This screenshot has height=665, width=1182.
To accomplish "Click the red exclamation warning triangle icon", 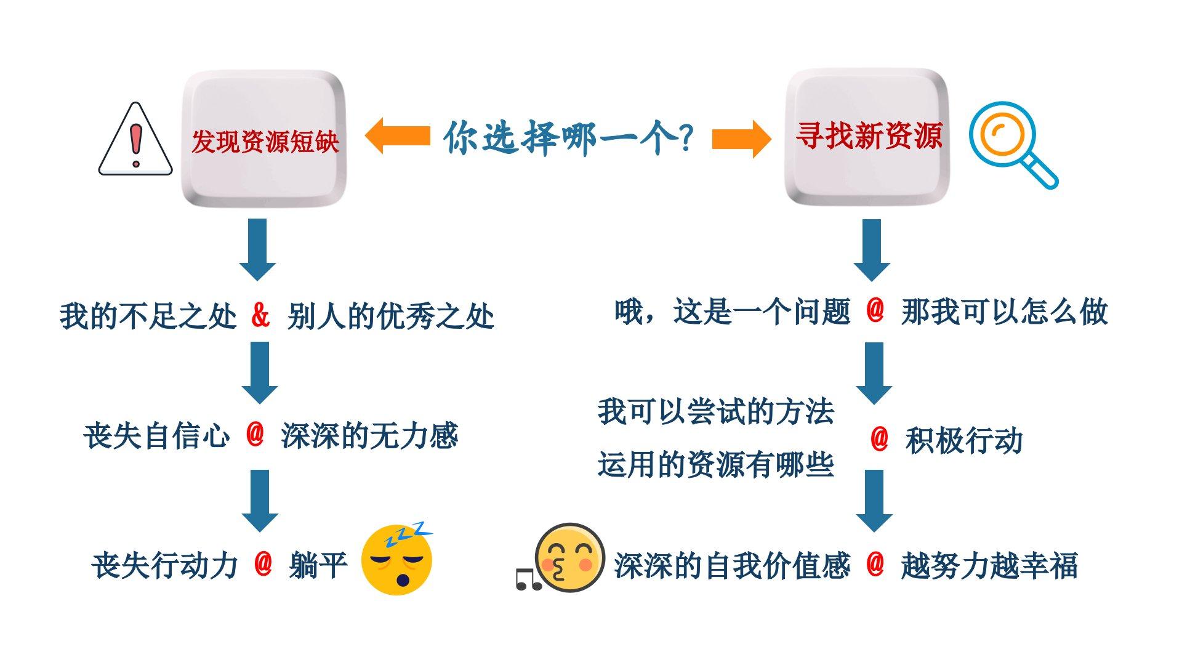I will click(x=135, y=140).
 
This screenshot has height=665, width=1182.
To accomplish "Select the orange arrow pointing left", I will click(x=397, y=135).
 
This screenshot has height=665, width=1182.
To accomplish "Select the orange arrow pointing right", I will click(x=741, y=138).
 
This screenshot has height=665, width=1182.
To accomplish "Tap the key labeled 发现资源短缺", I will click(x=264, y=139).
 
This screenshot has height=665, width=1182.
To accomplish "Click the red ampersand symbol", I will click(x=260, y=315).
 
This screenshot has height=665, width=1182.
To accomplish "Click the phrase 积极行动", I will click(x=963, y=441).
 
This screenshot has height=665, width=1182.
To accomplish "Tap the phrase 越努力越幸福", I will click(x=989, y=565).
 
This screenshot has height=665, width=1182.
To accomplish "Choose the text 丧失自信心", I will click(x=156, y=436).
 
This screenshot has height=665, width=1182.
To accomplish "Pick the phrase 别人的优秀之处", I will click(x=390, y=316).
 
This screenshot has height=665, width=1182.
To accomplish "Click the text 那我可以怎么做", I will click(x=1004, y=312).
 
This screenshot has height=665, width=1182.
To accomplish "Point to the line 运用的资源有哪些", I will click(x=715, y=464).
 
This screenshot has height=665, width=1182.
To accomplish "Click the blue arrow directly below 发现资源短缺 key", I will click(x=257, y=249).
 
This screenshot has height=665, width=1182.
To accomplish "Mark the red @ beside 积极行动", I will click(x=879, y=439).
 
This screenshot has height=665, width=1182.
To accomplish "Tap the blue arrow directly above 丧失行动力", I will click(x=259, y=500).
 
